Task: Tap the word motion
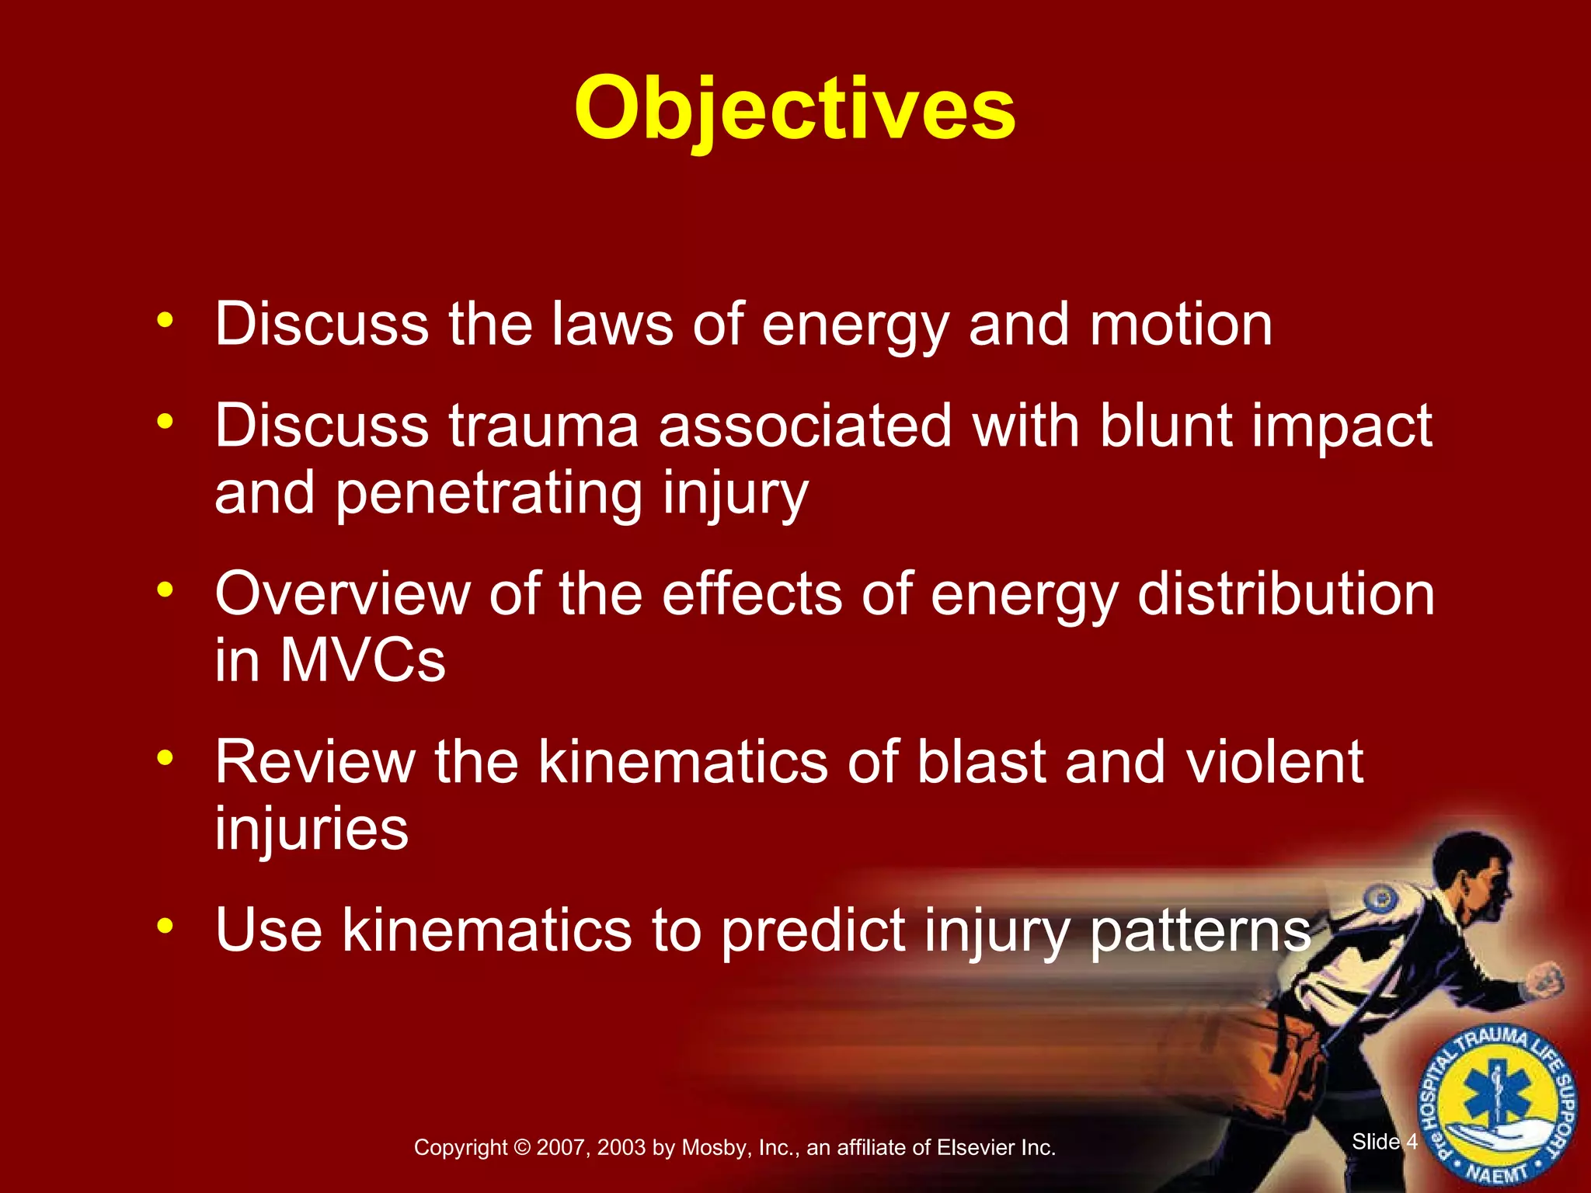1181,325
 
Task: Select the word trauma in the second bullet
543,426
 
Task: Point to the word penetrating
489,494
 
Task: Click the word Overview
343,594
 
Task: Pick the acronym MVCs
362,661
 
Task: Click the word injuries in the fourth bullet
312,829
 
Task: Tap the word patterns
1201,930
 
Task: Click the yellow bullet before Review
164,756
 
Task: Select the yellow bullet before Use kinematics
164,925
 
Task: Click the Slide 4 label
1384,1141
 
